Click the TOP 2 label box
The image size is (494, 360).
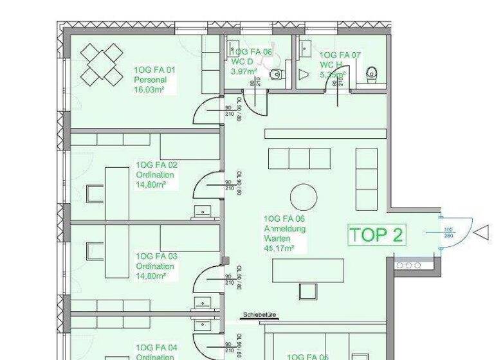pyautogui.click(x=377, y=234)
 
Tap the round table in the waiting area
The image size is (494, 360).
pyautogui.click(x=304, y=197)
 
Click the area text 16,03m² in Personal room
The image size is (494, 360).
pyautogui.click(x=148, y=91)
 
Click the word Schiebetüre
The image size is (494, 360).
pyautogui.click(x=259, y=315)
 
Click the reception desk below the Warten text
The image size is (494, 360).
pyautogui.click(x=300, y=270)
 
